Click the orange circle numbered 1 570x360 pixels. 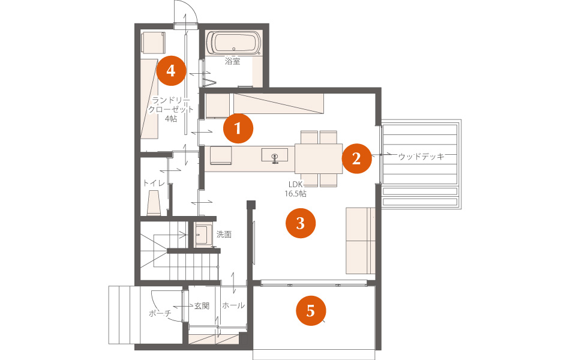pos(238,128)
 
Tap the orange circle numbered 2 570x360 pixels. pos(356,158)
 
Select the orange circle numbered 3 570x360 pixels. pos(301,223)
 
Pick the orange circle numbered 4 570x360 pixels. pos(171,71)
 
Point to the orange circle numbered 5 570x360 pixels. pos(311,311)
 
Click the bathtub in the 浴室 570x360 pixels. pos(233,43)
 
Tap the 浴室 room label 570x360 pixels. pos(232,61)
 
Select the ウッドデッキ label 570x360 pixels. pos(421,157)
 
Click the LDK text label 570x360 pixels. pos(296,185)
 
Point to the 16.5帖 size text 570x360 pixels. pos(295,194)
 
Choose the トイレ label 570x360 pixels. pos(154,183)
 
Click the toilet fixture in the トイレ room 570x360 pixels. pos(154,202)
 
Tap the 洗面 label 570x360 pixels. pos(224,235)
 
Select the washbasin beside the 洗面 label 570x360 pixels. pos(203,235)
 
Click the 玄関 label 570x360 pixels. pos(202,306)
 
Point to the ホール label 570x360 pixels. pos(233,305)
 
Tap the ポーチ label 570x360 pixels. pos(160,313)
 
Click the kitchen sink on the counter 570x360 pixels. pos(275,155)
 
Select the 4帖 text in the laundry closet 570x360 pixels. pos(171,119)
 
